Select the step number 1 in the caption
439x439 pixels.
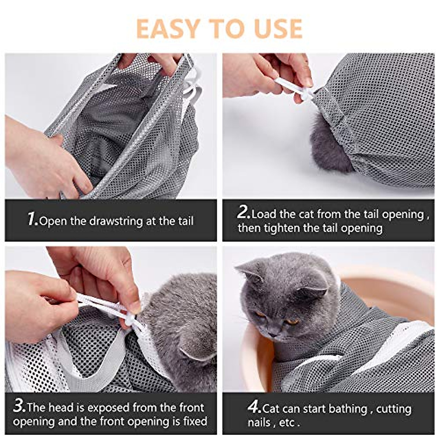(x=32, y=219)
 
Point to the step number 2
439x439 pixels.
(x=243, y=212)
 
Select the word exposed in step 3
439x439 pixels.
(x=109, y=408)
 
